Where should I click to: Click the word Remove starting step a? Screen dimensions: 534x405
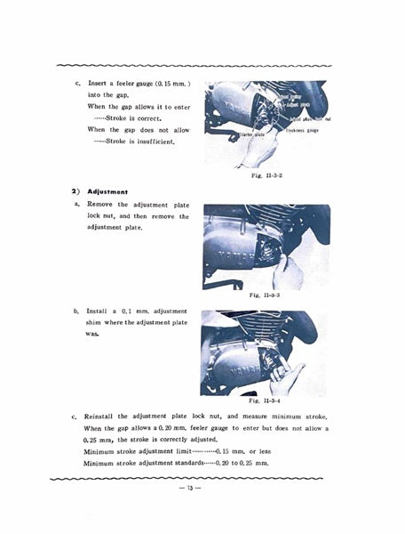coord(101,205)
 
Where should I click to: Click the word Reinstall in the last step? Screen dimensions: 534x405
coord(104,416)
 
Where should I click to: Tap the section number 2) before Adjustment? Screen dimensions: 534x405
coord(76,191)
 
